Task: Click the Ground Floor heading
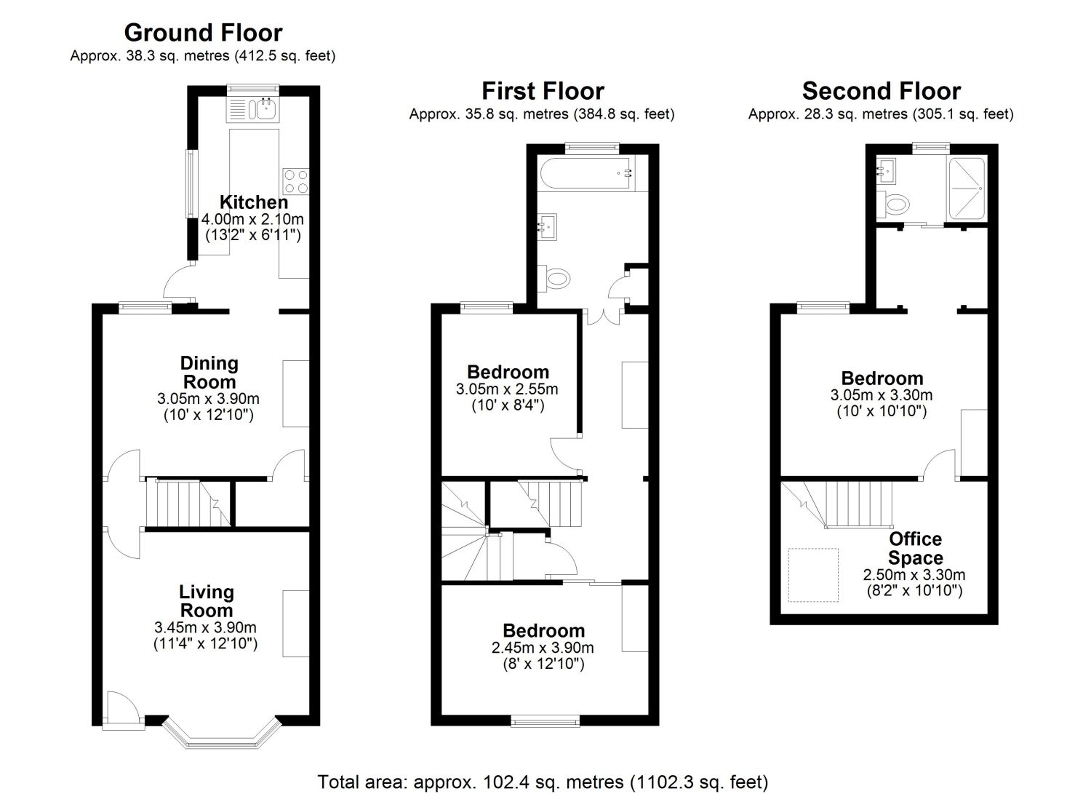(x=203, y=33)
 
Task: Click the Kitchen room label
(x=254, y=202)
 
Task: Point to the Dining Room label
(x=209, y=372)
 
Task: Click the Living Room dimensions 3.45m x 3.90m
(x=205, y=627)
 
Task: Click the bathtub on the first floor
(x=586, y=173)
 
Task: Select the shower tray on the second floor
(x=967, y=188)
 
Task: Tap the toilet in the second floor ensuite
(x=894, y=204)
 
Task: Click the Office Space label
(x=915, y=548)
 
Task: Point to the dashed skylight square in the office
(x=814, y=575)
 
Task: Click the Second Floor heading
(x=881, y=91)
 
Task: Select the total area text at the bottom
(x=543, y=782)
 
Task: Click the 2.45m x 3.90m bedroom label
(x=543, y=647)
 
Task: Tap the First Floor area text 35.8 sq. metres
(x=542, y=114)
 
